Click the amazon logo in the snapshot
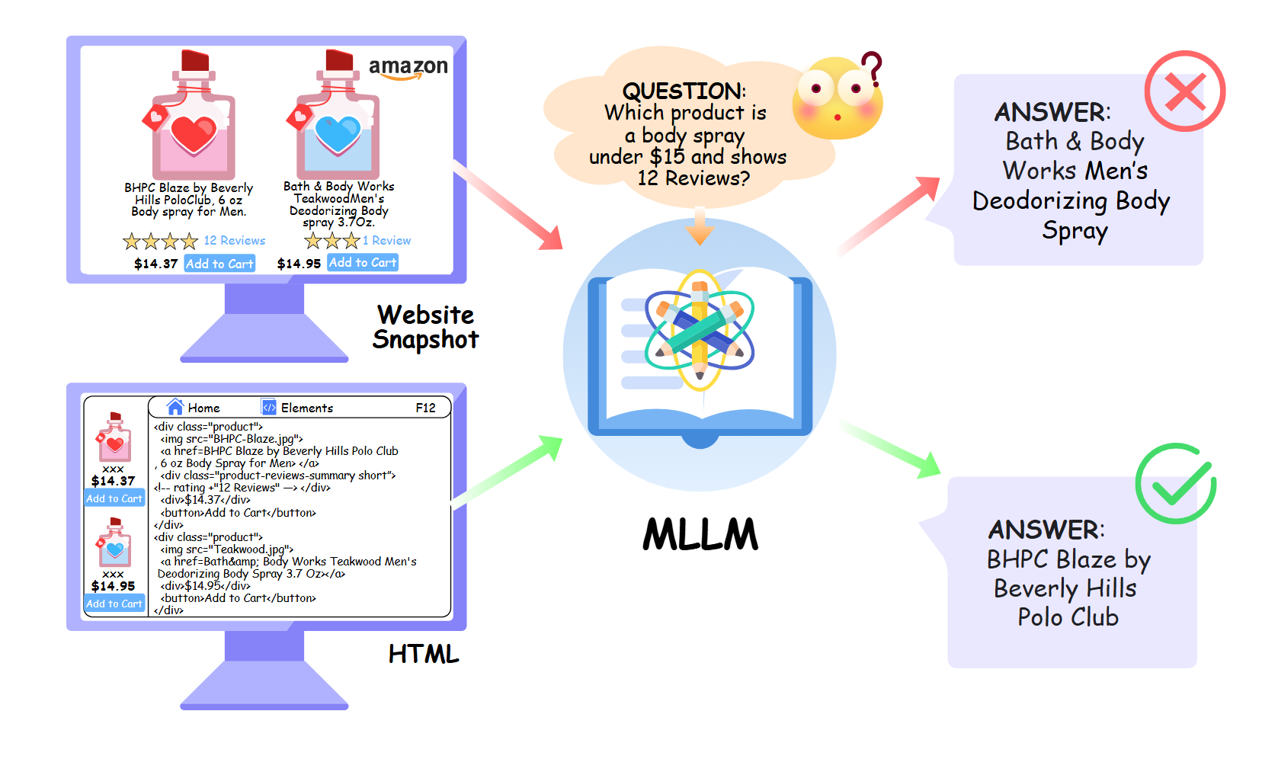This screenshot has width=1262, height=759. (x=408, y=68)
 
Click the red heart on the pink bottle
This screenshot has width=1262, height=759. (x=194, y=134)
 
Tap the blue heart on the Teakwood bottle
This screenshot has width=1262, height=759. (x=338, y=134)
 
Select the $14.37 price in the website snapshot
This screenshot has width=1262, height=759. (x=155, y=264)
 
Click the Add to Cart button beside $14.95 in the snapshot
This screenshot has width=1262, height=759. (x=363, y=262)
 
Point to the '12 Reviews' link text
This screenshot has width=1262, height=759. (x=234, y=241)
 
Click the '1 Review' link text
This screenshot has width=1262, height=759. (x=386, y=241)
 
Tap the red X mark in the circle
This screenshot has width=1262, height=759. (x=1184, y=91)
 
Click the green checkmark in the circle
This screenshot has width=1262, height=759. (x=1176, y=483)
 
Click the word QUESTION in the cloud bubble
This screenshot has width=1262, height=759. (x=684, y=91)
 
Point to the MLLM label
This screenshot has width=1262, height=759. (x=700, y=534)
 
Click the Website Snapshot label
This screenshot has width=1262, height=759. (x=425, y=327)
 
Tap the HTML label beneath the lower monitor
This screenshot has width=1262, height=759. (x=424, y=654)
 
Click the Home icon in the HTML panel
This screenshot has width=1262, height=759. (x=175, y=407)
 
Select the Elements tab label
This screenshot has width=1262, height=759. (x=306, y=408)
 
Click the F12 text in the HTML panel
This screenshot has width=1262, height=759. (x=425, y=408)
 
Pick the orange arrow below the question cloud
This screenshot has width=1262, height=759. (x=699, y=227)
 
